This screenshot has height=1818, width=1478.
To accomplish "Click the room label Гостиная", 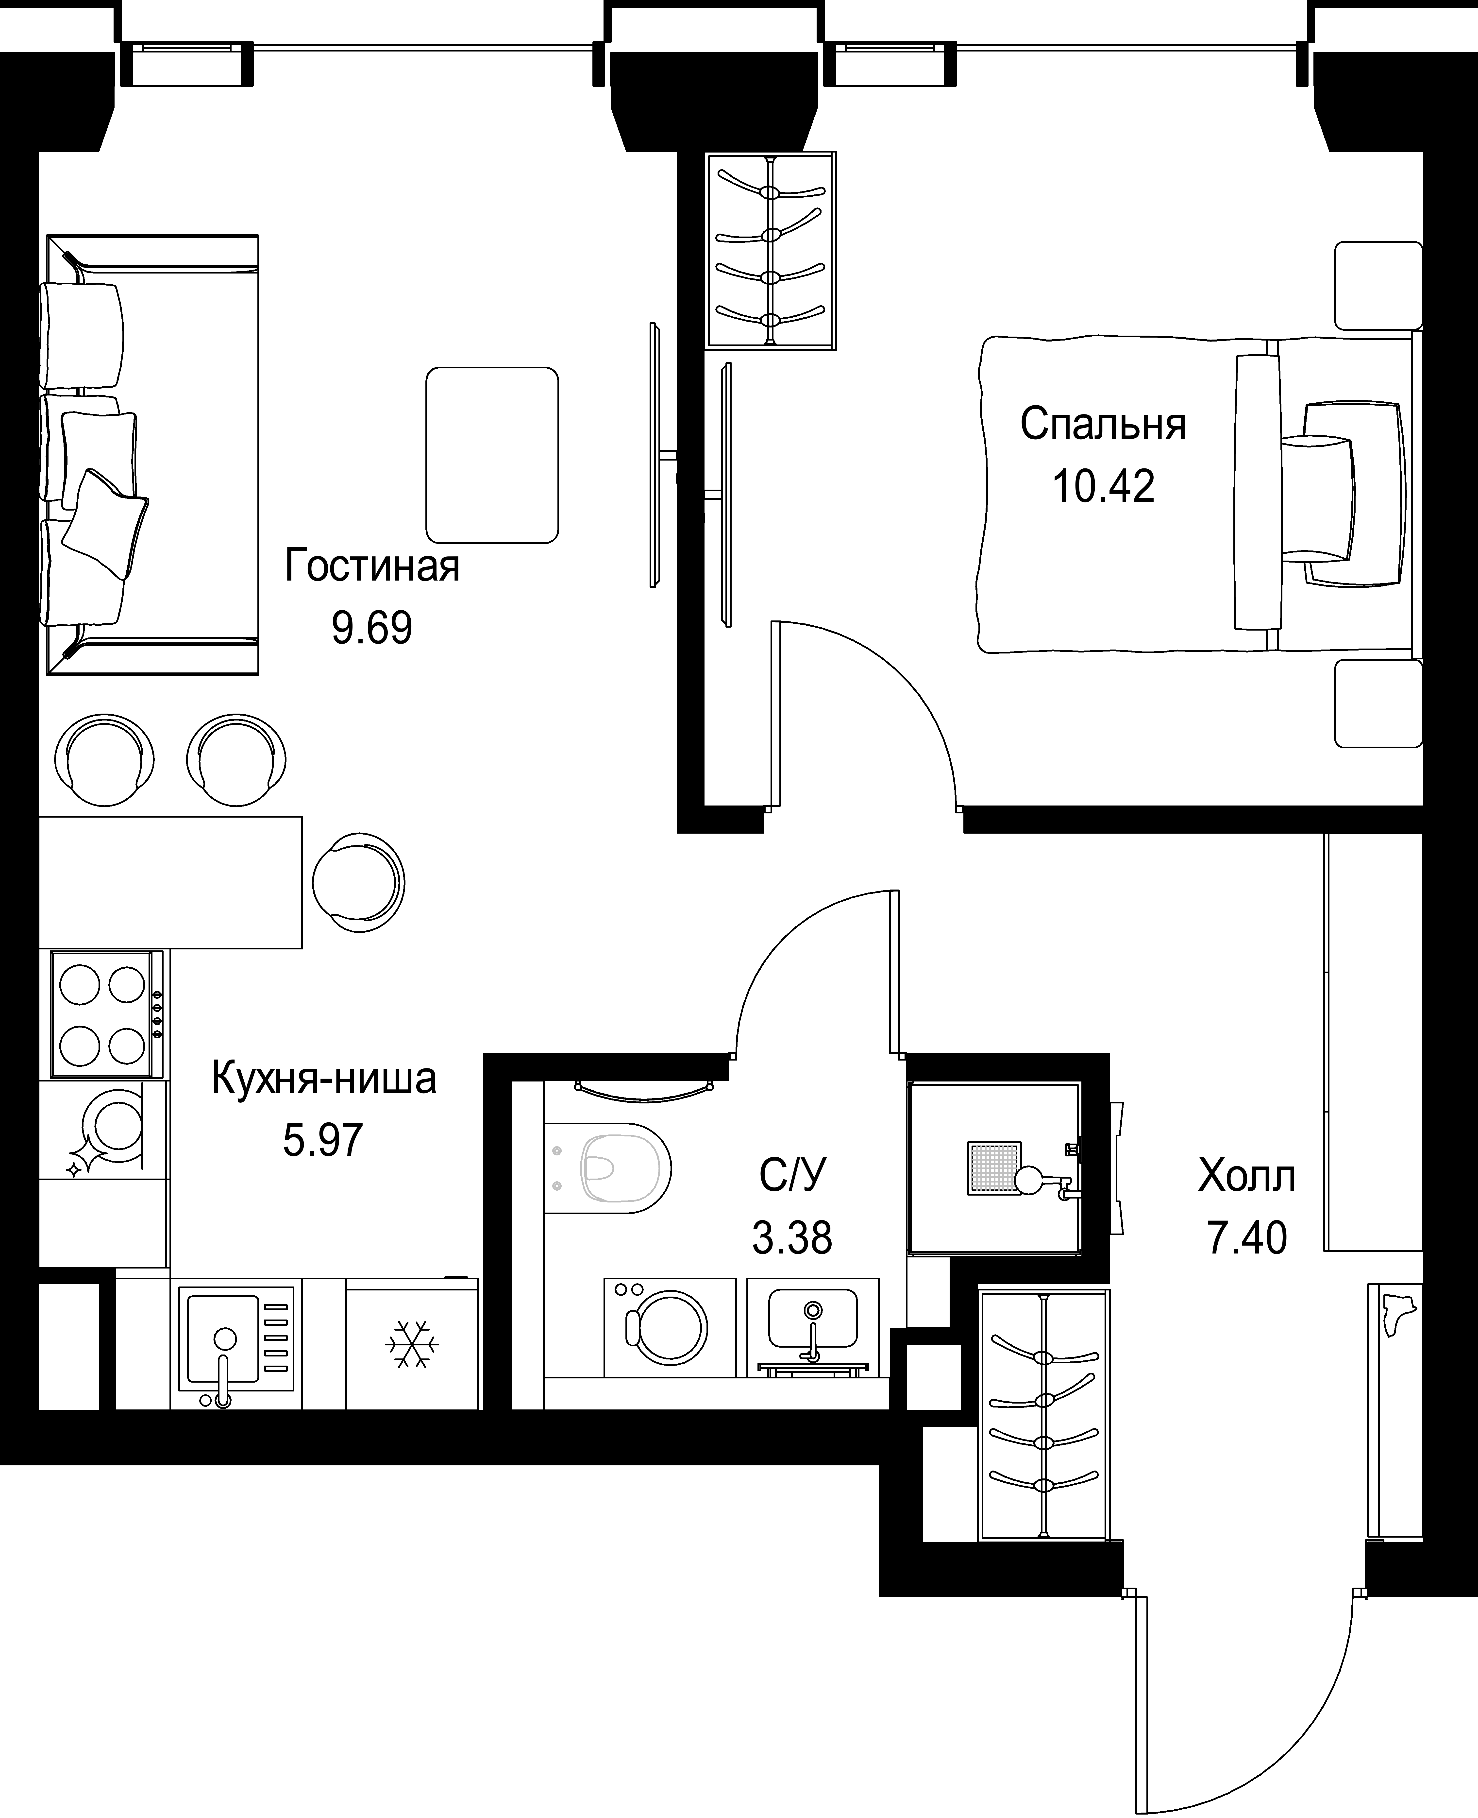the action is [x=372, y=566].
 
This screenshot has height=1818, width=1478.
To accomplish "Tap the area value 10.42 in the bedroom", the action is [x=1103, y=486].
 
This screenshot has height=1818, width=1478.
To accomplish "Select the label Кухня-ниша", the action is [x=323, y=1079].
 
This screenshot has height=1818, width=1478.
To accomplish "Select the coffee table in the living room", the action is [x=492, y=455].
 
